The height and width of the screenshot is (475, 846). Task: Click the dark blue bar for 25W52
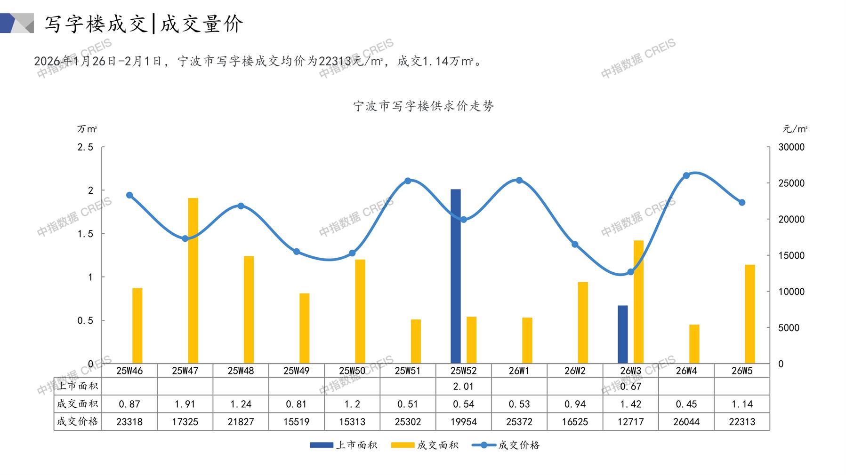(x=455, y=276)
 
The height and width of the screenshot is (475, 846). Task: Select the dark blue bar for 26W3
(x=622, y=334)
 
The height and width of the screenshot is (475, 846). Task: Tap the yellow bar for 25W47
(x=193, y=280)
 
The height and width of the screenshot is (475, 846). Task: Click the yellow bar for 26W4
(x=694, y=344)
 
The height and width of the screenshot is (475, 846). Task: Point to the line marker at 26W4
(x=686, y=175)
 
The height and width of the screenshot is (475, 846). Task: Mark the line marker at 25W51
(x=408, y=181)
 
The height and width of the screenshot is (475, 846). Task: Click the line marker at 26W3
(x=630, y=272)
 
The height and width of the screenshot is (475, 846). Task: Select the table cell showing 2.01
(x=463, y=386)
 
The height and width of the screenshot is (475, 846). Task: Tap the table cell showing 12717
(x=630, y=421)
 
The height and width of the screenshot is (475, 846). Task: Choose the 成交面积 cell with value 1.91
(x=185, y=404)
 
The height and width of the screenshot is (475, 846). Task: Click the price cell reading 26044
(x=686, y=421)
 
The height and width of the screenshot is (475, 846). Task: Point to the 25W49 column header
(x=296, y=371)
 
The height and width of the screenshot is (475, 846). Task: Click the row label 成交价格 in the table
(x=78, y=421)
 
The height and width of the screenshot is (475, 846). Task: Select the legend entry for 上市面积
(x=344, y=445)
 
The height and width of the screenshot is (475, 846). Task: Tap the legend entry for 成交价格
(x=506, y=445)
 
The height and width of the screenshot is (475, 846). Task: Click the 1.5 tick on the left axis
(x=85, y=234)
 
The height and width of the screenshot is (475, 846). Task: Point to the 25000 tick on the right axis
(x=791, y=183)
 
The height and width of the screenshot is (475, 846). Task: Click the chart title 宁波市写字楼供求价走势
(x=423, y=106)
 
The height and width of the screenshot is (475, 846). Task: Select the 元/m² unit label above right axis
(x=795, y=129)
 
